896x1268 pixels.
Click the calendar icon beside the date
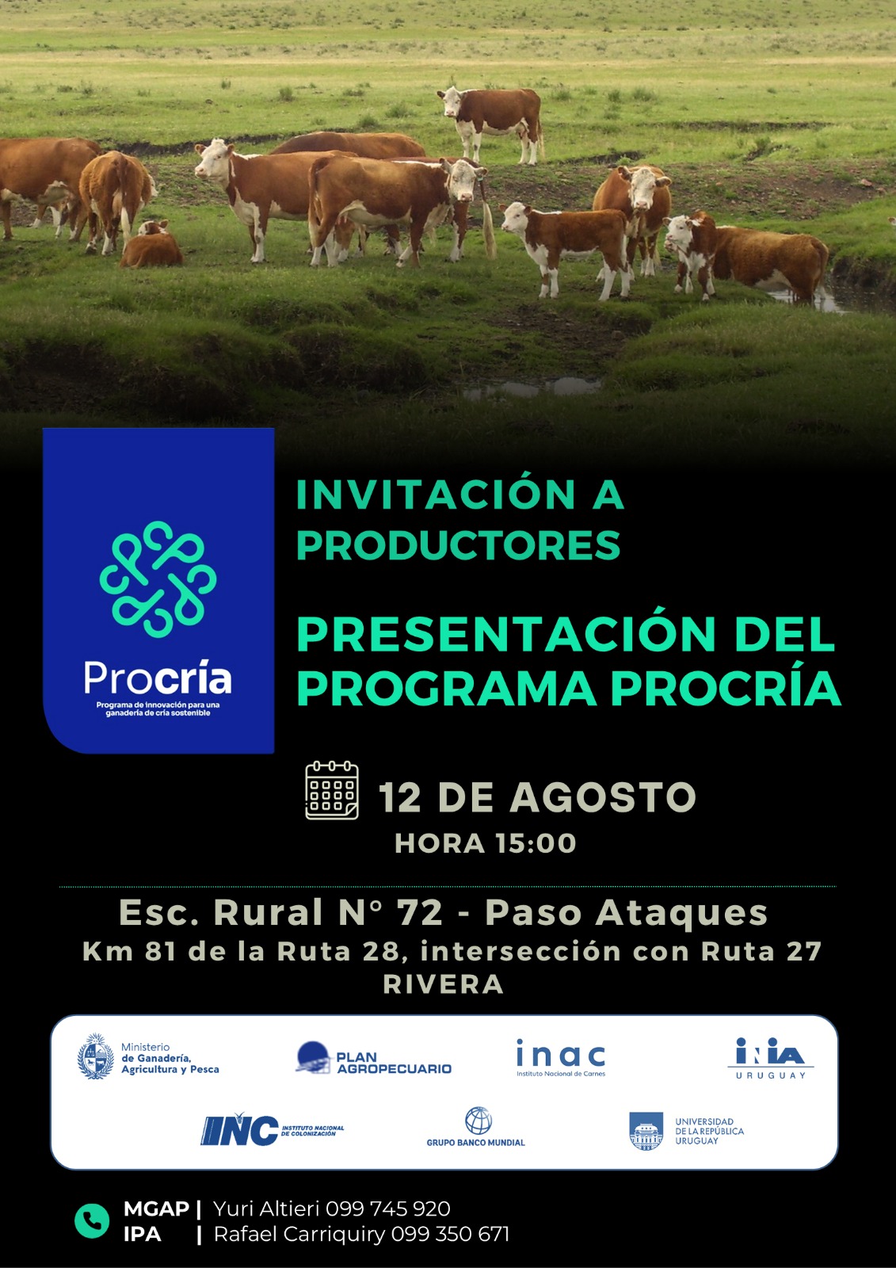point(332,790)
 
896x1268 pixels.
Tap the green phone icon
point(92,1221)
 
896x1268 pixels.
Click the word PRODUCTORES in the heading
point(459,545)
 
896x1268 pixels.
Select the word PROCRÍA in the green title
point(726,689)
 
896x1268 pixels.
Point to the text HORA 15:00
point(486,843)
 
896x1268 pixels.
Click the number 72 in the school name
point(419,912)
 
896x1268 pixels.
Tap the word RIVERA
point(443,984)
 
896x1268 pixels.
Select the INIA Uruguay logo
point(770,1058)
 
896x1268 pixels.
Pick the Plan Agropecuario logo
point(374,1057)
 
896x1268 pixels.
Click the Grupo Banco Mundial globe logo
point(478,1121)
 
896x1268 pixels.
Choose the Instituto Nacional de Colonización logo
point(273,1130)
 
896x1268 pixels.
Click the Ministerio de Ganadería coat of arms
point(96,1056)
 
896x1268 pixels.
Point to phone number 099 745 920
point(387,1209)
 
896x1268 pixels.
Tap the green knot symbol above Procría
point(158,579)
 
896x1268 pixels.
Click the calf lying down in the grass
point(151,244)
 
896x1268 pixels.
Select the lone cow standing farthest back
point(491,124)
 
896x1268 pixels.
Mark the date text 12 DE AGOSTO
point(537,797)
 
